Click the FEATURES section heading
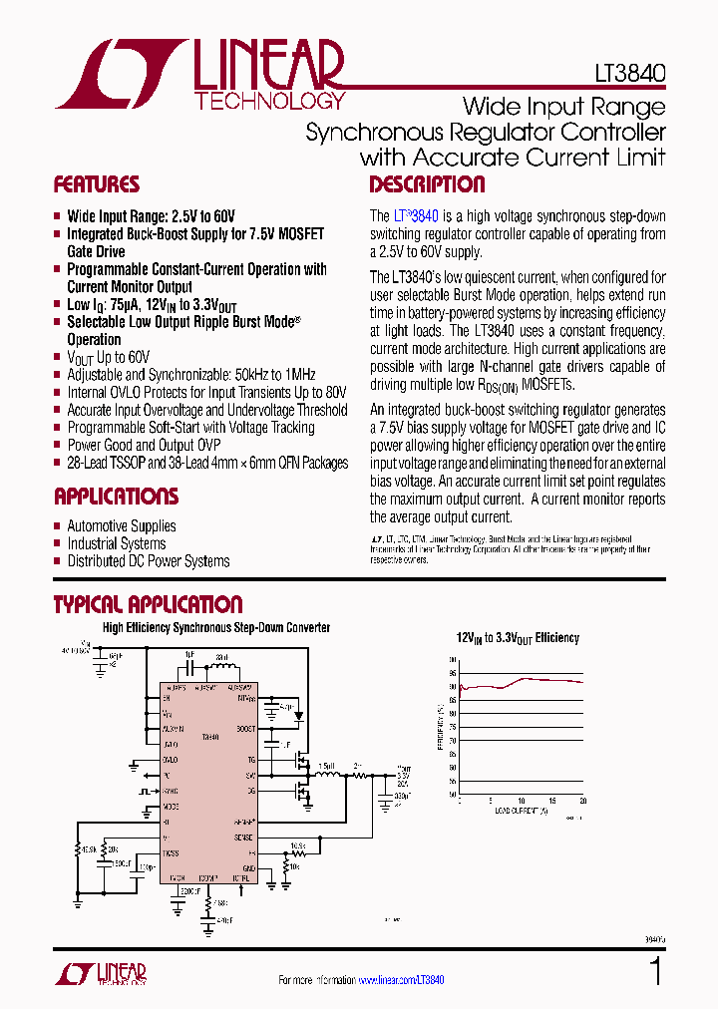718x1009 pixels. [x=96, y=184]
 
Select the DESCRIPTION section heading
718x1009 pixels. [x=427, y=184]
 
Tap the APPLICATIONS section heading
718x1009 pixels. [x=116, y=497]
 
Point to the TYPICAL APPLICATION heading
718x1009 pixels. [x=147, y=605]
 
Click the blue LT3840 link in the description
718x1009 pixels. [x=416, y=215]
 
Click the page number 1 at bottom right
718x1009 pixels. [x=655, y=971]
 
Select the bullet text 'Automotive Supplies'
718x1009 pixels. [x=121, y=526]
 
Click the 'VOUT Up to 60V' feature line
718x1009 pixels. [x=108, y=357]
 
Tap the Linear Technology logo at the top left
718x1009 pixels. [x=199, y=75]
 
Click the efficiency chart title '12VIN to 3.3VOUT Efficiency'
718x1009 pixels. [x=518, y=638]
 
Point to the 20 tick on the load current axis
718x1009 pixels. [x=582, y=801]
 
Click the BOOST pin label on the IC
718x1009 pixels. [x=245, y=729]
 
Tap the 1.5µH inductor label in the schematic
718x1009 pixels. [x=325, y=767]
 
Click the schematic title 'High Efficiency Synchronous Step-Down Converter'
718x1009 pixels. [x=215, y=628]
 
